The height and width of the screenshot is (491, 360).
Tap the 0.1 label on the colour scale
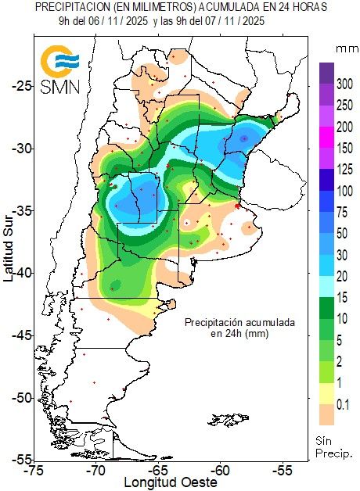tap(344, 403)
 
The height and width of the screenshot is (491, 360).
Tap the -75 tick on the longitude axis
tap(34, 471)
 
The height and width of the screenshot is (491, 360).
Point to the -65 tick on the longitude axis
tap(158, 471)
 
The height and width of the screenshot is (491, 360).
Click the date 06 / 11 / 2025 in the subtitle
tap(120, 21)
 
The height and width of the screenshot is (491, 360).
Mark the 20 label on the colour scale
tap(344, 276)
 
